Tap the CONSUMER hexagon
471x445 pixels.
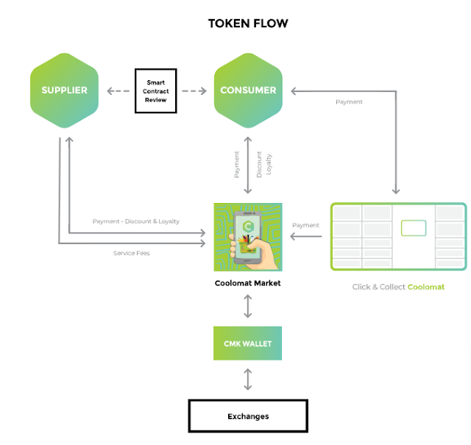point(248,91)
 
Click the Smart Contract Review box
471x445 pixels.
point(156,91)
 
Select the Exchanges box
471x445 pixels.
point(247,416)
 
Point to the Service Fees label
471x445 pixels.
point(132,253)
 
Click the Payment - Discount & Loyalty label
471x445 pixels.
point(135,221)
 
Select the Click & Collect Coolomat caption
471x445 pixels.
point(398,287)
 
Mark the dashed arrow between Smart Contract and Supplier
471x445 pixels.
point(118,91)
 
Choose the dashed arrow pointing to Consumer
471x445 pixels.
point(194,91)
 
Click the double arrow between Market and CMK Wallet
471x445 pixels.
point(247,307)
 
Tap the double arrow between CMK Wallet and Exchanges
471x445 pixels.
point(247,380)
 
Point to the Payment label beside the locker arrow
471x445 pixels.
point(305,225)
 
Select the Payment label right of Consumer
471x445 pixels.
point(349,102)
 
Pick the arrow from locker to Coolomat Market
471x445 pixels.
point(305,236)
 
